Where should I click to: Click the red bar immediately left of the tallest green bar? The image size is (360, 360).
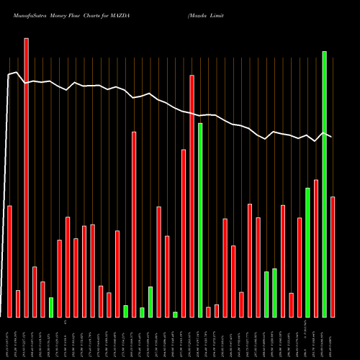[316, 248]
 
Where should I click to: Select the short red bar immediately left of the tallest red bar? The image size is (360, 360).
[18, 303]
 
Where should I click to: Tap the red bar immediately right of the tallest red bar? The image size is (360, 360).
[35, 292]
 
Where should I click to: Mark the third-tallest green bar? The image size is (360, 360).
[307, 252]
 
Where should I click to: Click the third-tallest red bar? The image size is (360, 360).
[134, 224]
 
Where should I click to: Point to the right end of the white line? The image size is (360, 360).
[331, 137]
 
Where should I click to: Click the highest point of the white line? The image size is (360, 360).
[17, 72]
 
